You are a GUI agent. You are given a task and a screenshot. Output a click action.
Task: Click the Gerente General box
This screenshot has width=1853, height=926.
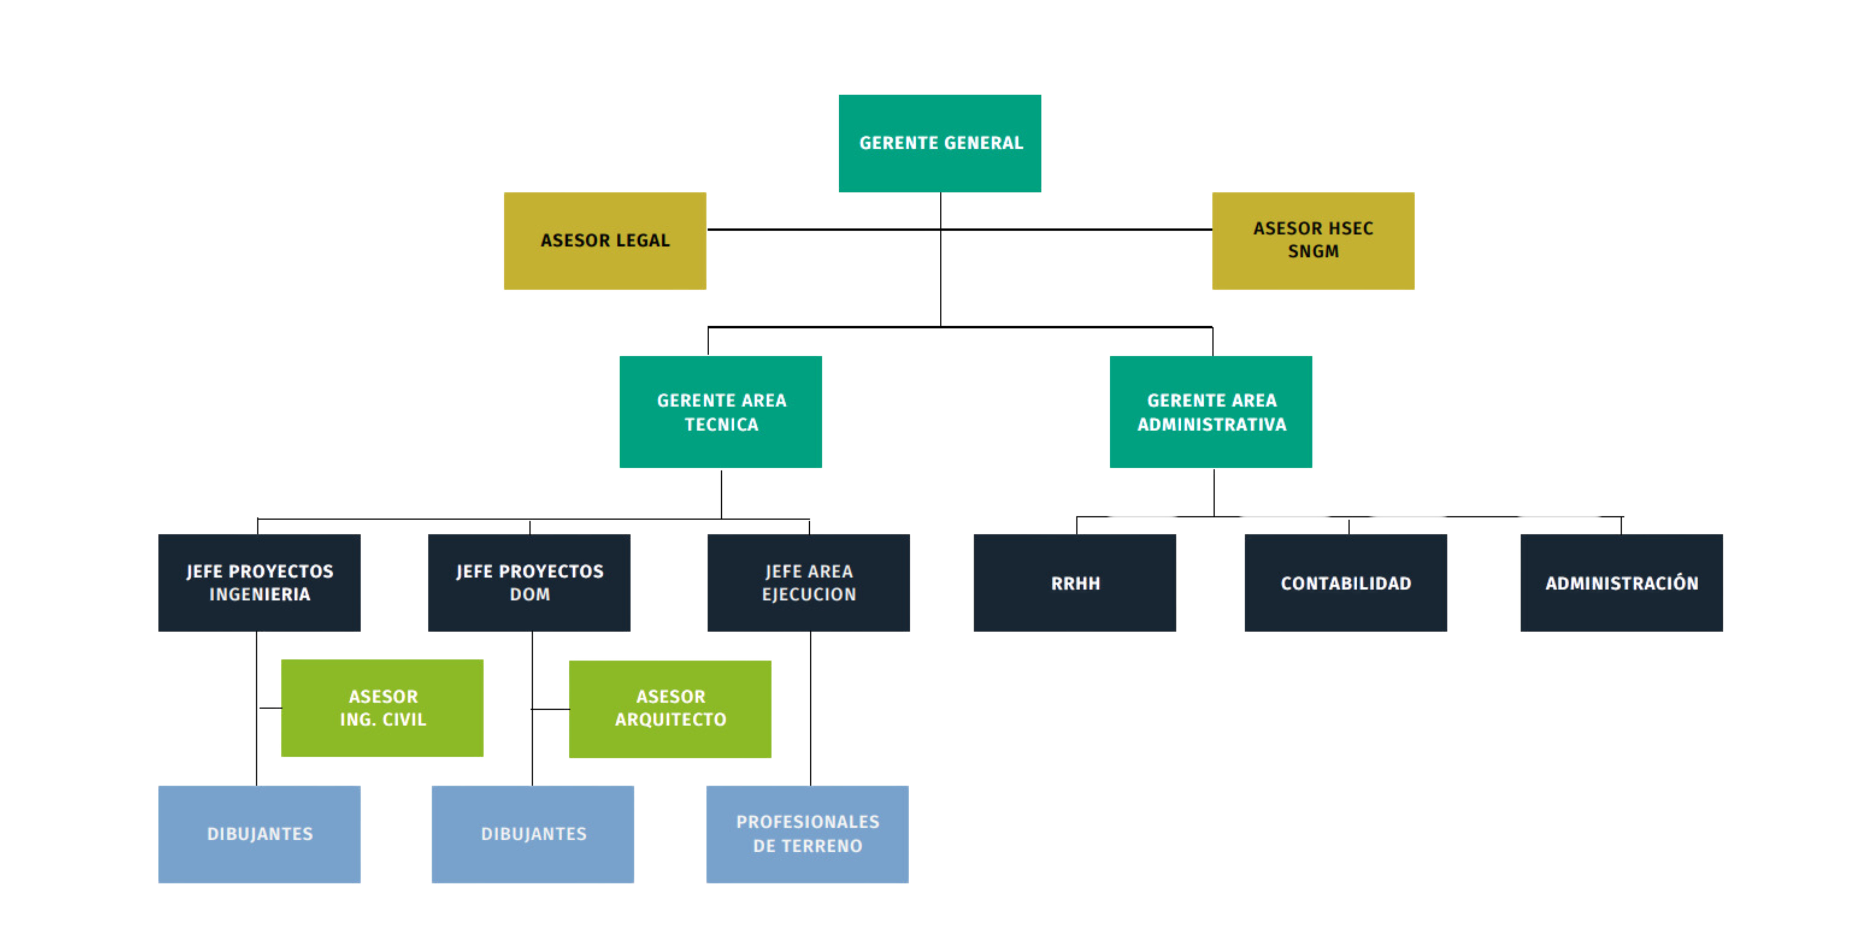coord(939,143)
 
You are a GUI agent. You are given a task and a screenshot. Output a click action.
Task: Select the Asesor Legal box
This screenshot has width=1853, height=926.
coord(605,241)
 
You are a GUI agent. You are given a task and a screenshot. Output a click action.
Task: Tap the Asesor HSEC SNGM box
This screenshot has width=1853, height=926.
coord(1313,241)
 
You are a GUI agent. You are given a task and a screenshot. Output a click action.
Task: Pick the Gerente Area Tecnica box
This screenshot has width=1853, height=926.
coord(721,412)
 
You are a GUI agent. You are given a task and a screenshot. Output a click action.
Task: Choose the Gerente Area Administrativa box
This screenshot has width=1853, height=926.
coord(1211,412)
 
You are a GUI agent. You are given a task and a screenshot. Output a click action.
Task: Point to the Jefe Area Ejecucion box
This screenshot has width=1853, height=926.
coord(809,583)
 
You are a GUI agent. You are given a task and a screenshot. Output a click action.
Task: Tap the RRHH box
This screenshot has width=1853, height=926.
coord(1075,583)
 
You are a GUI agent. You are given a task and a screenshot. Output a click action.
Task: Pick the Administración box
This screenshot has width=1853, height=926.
coord(1621,583)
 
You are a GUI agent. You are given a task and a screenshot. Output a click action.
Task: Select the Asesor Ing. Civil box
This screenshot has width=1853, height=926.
coord(382,708)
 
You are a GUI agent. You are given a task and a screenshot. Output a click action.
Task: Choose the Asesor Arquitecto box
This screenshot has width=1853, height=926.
coord(670,710)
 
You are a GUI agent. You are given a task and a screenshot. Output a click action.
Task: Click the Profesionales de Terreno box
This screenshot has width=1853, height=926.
coord(807,835)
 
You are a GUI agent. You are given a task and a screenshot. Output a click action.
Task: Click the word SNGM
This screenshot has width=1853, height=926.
coord(1313,252)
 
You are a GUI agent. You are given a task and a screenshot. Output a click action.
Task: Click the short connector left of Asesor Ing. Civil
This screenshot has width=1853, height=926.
coord(270,708)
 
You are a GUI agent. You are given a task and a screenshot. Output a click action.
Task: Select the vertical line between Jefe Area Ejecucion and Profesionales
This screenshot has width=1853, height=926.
coord(811,709)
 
